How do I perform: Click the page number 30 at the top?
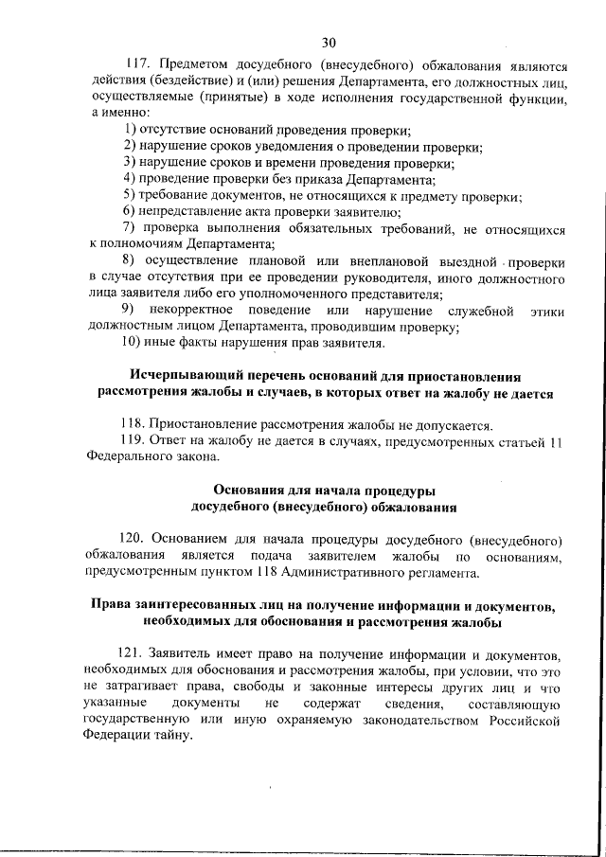point(329,42)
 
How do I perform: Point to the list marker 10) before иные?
point(134,343)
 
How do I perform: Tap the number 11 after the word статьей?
point(557,441)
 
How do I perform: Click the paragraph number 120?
point(134,539)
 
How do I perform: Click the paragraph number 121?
point(134,655)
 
